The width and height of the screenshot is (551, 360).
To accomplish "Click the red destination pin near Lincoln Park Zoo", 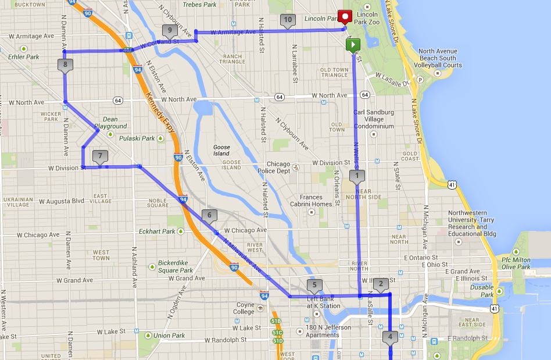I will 346,17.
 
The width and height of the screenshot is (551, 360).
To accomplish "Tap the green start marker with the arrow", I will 352,45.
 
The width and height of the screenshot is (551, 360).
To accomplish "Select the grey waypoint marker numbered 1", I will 357,176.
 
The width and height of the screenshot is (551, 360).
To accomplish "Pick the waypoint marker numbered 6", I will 209,216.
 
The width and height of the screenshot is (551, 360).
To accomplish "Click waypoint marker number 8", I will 66,65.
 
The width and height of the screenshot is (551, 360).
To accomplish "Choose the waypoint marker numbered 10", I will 288,20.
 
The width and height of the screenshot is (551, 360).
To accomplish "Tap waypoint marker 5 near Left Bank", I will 314,285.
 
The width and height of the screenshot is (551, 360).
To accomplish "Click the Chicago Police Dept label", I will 270,167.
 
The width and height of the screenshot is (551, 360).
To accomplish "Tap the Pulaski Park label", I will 137,138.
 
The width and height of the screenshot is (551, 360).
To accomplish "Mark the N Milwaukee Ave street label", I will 244,255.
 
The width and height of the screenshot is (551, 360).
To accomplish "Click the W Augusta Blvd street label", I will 62,201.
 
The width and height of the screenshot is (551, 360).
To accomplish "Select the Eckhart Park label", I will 158,231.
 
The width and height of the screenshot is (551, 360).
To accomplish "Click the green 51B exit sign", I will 276,321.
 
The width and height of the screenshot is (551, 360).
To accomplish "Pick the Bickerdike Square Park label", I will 176,267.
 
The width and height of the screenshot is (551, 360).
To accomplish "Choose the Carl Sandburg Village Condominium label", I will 374,119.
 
